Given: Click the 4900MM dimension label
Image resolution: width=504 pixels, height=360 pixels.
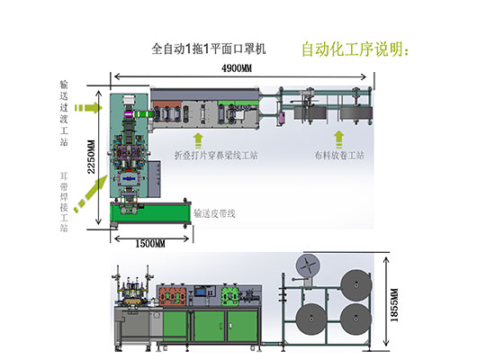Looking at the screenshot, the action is click(x=236, y=68).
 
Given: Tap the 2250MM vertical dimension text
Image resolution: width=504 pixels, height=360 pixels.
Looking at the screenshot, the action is click(x=92, y=157).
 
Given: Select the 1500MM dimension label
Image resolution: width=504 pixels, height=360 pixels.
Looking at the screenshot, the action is click(x=150, y=244).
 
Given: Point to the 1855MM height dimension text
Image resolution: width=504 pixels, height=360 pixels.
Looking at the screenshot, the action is click(x=394, y=305).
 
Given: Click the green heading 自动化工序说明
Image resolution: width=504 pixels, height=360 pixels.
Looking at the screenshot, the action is click(x=355, y=49).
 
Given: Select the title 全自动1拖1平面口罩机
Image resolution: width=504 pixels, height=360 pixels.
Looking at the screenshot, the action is click(x=209, y=49).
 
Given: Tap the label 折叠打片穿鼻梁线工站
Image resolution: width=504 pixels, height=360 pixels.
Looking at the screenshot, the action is click(x=216, y=156).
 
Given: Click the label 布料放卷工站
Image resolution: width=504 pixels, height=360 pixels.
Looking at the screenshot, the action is click(x=339, y=156).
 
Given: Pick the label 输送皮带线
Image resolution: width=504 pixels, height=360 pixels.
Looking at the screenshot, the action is click(x=214, y=213).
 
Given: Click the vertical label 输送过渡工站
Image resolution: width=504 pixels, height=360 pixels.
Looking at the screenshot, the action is click(x=64, y=113).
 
